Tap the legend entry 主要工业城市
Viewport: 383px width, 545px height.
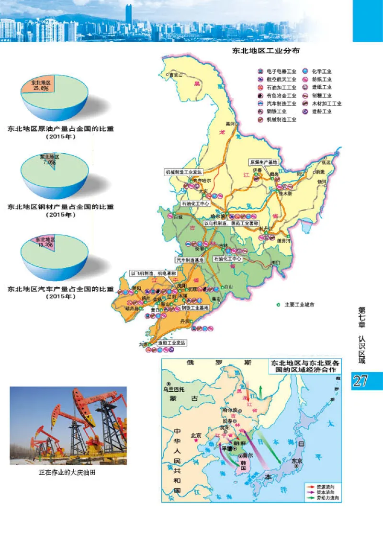297,305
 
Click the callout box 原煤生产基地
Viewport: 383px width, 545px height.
263,162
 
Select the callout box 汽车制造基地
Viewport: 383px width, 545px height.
190,260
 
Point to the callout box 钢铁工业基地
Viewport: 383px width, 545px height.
195,307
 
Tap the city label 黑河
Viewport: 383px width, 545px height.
232,124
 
